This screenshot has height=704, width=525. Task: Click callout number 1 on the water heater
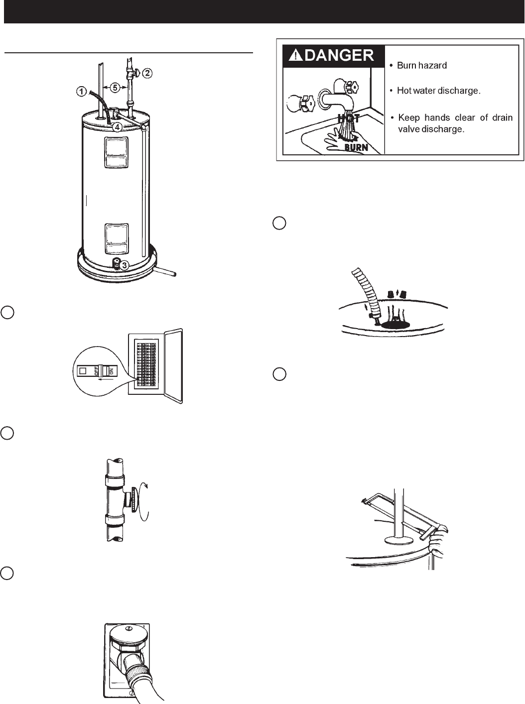tap(81, 91)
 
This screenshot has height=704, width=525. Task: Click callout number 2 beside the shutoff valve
tap(148, 73)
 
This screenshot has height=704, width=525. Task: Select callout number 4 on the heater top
tap(116, 126)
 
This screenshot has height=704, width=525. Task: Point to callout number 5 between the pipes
tap(115, 87)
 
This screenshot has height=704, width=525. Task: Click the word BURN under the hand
tap(356, 147)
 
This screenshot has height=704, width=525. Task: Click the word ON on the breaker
tap(111, 370)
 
